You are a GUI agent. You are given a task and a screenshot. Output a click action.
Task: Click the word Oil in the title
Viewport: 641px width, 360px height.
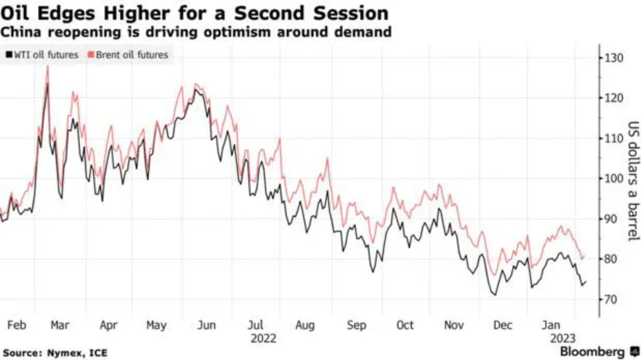pyautogui.click(x=17, y=13)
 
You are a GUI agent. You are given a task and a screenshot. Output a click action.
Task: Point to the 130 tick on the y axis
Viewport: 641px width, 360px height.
pyautogui.click(x=613, y=58)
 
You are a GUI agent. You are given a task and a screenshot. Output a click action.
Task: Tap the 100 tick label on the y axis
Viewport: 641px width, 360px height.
pyautogui.click(x=613, y=179)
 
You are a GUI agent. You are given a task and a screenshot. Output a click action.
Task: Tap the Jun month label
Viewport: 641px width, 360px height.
pyautogui.click(x=206, y=325)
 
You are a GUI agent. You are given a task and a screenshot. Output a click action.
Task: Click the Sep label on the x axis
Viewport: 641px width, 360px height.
pyautogui.click(x=357, y=325)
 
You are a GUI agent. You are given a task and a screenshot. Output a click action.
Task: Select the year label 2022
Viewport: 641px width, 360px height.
pyautogui.click(x=263, y=338)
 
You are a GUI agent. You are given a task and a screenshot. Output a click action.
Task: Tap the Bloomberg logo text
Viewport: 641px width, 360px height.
pyautogui.click(x=593, y=352)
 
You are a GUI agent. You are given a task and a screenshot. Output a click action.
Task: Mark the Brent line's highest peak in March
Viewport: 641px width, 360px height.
pyautogui.click(x=48, y=66)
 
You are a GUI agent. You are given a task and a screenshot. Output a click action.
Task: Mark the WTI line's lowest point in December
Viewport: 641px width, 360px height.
pyautogui.click(x=494, y=295)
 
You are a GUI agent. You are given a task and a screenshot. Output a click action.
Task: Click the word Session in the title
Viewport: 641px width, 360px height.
pyautogui.click(x=348, y=13)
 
